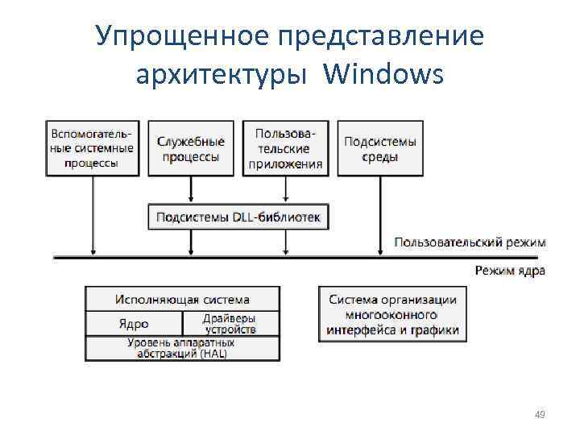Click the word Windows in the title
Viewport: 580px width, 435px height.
click(383, 74)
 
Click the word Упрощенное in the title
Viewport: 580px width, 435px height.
click(179, 36)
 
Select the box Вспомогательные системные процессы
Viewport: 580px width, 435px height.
click(93, 147)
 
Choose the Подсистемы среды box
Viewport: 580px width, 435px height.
click(380, 148)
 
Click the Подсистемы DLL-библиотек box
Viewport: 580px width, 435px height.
click(238, 217)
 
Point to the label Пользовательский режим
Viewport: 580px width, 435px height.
click(470, 242)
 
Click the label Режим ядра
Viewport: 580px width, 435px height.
click(509, 271)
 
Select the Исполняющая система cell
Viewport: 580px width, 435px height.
click(182, 300)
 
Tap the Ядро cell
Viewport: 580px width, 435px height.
click(134, 323)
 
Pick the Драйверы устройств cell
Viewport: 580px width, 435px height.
click(230, 323)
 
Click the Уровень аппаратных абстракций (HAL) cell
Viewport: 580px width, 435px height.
click(182, 348)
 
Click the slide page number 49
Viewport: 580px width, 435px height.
click(540, 415)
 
